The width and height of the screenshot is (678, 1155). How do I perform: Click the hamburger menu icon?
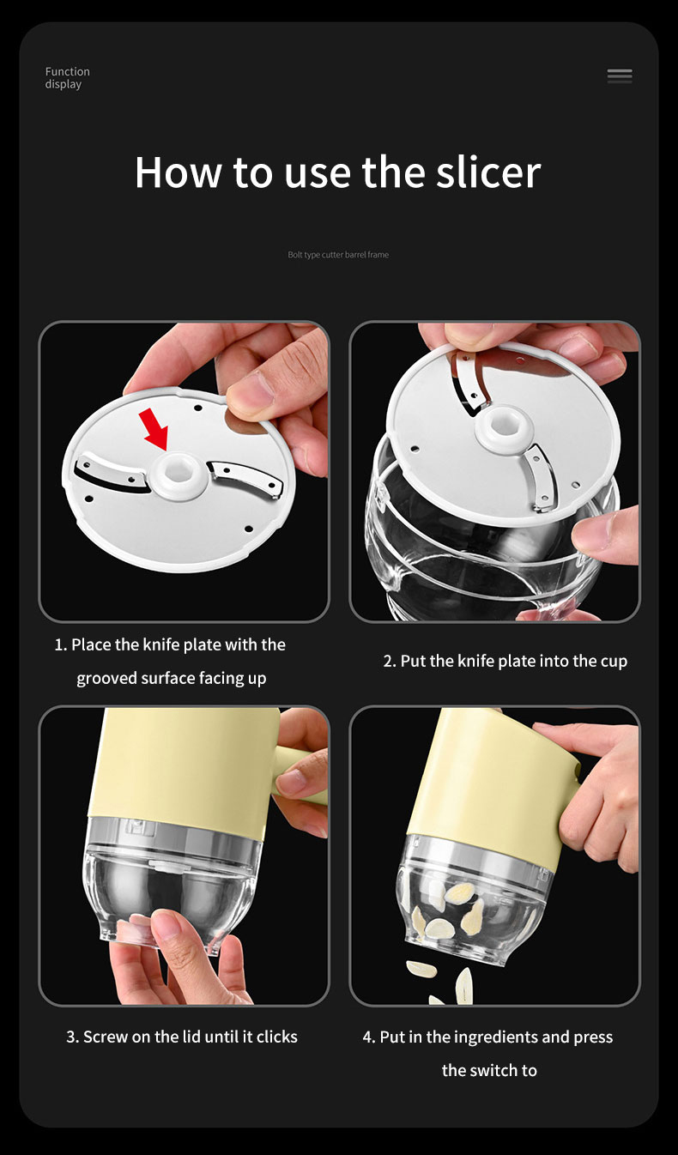[x=620, y=76]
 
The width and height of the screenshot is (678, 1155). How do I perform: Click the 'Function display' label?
[x=67, y=78]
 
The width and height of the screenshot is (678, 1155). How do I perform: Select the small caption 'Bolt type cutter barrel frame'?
[x=338, y=255]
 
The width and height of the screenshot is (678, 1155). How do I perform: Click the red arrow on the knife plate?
[x=154, y=428]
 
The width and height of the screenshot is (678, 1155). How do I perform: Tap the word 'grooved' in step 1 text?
[x=106, y=679]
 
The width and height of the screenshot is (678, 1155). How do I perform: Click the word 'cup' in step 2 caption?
[x=614, y=662]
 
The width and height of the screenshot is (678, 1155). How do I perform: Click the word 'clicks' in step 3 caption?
[x=277, y=1037]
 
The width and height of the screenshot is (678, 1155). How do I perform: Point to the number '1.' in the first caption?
[x=61, y=645]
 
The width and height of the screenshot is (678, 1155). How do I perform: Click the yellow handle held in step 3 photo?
[x=298, y=773]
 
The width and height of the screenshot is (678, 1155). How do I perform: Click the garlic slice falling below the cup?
[x=421, y=969]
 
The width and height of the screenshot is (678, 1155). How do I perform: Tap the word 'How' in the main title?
[x=178, y=172]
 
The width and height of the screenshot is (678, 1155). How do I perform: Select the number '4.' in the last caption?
[x=369, y=1037]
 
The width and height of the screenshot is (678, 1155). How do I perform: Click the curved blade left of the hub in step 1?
[x=110, y=472]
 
